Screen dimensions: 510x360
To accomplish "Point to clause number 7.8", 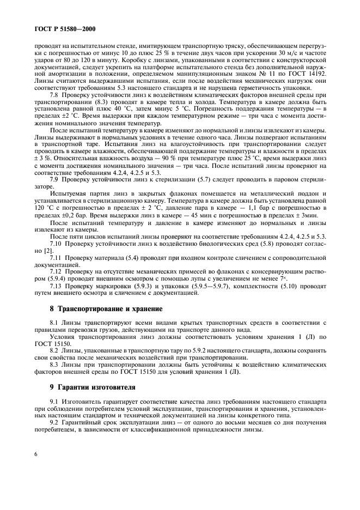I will pos(56,95).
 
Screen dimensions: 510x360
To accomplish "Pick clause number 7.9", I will pos(56,179).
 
